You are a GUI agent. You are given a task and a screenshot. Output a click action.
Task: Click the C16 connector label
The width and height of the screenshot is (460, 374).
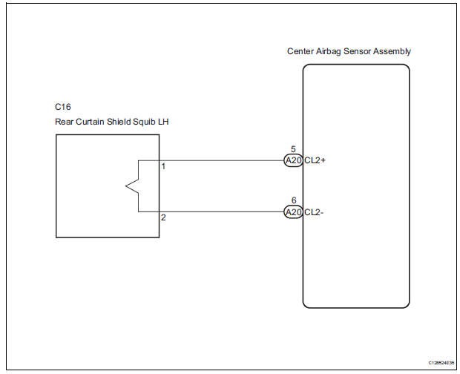point(63,107)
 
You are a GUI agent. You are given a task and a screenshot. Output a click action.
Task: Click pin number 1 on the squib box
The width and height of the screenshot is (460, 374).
point(163,166)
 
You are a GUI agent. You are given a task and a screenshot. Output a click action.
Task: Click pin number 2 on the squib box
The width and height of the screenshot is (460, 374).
point(163,217)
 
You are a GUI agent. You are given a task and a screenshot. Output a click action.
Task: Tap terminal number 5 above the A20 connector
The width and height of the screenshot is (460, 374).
point(293,150)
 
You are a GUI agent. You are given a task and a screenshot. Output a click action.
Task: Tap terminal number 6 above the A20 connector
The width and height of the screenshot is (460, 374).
point(293,201)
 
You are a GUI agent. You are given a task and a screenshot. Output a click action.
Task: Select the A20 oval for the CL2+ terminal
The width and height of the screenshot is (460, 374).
point(293,160)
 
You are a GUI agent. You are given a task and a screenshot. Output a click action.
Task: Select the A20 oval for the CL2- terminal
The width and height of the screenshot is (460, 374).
point(293,211)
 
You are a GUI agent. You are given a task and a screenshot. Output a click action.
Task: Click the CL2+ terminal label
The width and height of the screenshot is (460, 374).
point(315,160)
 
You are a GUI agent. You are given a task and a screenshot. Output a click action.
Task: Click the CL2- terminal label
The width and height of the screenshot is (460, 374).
point(315,211)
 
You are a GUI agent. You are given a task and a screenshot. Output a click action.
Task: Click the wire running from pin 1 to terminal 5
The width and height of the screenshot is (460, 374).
point(223,160)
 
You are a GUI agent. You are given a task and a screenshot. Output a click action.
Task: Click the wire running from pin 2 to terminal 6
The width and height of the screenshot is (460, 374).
point(223,211)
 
